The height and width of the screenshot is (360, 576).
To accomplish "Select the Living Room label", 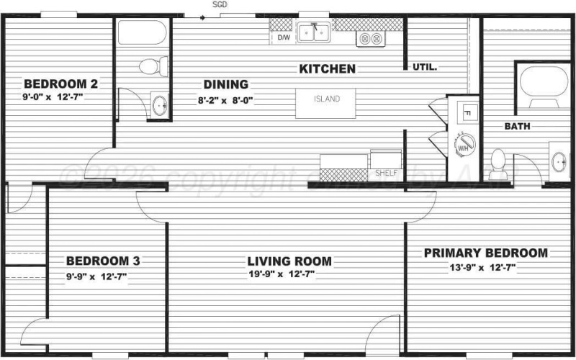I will pos(289,261).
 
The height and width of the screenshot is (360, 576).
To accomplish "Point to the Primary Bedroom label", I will pos(485,253).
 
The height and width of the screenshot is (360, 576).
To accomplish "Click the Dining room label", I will pos(225,84).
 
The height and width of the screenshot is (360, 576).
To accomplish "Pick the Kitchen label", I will pos(328,69).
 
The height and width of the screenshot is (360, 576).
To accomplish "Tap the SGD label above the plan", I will pos(220,4).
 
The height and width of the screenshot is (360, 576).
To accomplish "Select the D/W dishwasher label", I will pos(284,37).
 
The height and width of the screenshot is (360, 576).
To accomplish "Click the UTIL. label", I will pos(426,67).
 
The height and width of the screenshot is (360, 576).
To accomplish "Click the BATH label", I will pos(517,127).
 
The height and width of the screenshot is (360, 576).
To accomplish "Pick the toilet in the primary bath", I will pos(498,160).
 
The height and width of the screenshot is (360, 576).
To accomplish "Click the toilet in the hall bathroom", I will pos(149,68).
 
